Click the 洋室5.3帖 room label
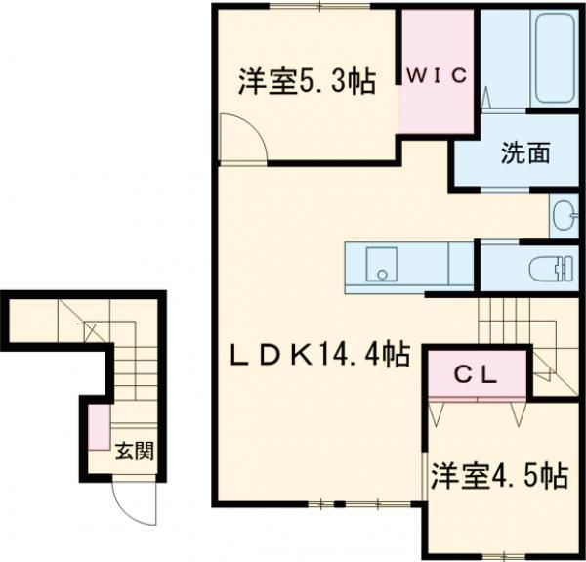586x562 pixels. pyautogui.click(x=308, y=81)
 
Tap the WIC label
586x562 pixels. pyautogui.click(x=437, y=76)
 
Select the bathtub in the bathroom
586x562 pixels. pyautogui.click(x=554, y=59)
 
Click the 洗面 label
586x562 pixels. pyautogui.click(x=525, y=153)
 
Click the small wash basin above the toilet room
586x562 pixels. pyautogui.click(x=564, y=215)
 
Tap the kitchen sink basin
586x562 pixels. pyautogui.click(x=381, y=264)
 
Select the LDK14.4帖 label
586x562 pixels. pyautogui.click(x=320, y=354)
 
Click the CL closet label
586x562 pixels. pyautogui.click(x=477, y=376)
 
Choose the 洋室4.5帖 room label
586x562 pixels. pyautogui.click(x=500, y=476)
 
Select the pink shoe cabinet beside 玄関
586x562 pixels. pyautogui.click(x=100, y=427)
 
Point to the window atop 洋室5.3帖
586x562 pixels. pyautogui.click(x=320, y=6)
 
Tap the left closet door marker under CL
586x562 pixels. pyautogui.click(x=436, y=412)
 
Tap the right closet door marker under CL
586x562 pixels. pyautogui.click(x=519, y=412)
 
